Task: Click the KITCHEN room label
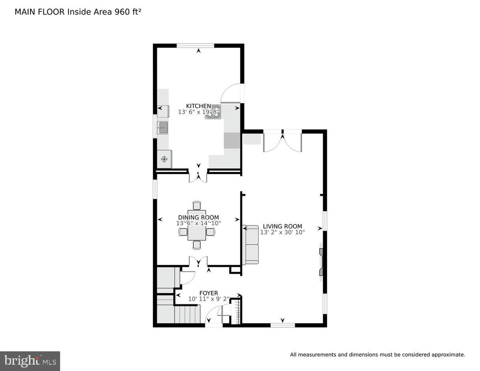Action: [x=198, y=106]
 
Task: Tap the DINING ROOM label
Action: [x=198, y=218]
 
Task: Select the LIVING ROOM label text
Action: [x=283, y=227]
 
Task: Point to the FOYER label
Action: [x=209, y=293]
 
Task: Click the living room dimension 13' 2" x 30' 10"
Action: [x=283, y=232]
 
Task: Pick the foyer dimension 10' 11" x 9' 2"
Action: [x=209, y=299]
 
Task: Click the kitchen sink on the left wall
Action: [x=163, y=128]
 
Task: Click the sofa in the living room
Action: [x=251, y=244]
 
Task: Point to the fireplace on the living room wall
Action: [x=321, y=262]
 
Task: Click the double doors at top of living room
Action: [x=283, y=141]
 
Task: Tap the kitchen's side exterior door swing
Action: [x=232, y=93]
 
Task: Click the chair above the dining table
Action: [x=197, y=205]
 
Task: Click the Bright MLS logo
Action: [x=30, y=361]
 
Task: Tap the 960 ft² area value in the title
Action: [x=128, y=12]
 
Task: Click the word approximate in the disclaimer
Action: [x=448, y=355]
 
